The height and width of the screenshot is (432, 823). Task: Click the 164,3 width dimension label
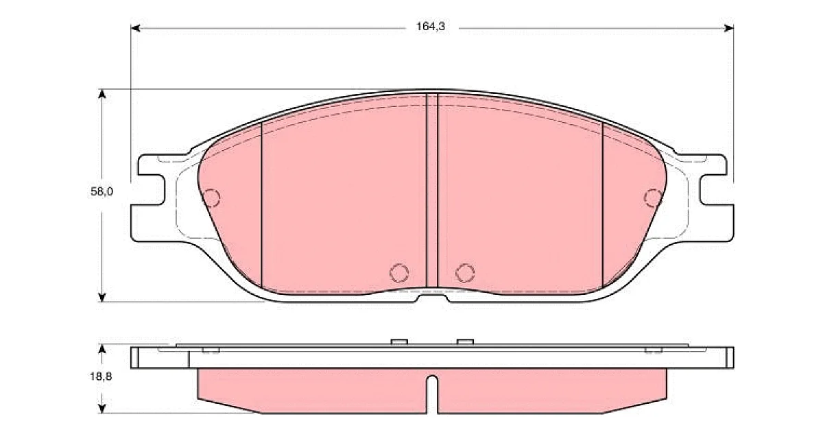tap(430, 27)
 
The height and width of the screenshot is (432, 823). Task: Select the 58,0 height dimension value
tap(102, 191)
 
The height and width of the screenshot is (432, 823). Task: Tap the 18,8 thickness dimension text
tap(101, 376)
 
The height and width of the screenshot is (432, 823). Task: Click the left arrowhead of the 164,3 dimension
tap(136, 28)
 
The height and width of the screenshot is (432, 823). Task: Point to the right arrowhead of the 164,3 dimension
tap(729, 28)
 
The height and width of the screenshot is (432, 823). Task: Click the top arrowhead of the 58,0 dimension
tap(102, 93)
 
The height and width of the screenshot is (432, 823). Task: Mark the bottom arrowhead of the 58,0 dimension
tap(102, 298)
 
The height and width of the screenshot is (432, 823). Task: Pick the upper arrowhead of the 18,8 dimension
tap(102, 349)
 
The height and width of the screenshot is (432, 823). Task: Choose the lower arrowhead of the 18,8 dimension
tap(102, 409)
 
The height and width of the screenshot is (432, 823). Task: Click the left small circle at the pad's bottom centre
tap(399, 273)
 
